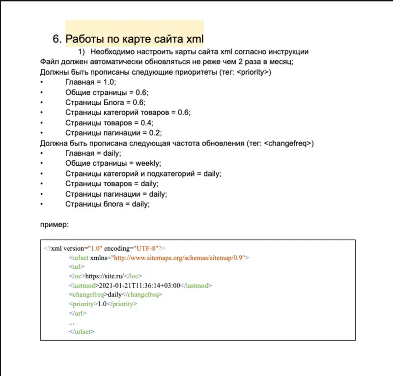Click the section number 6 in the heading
(56, 39)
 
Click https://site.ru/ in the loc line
(104, 276)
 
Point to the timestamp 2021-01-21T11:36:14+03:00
(140, 286)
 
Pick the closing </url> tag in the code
(78, 313)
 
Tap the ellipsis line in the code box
(72, 323)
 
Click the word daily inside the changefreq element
(114, 295)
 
